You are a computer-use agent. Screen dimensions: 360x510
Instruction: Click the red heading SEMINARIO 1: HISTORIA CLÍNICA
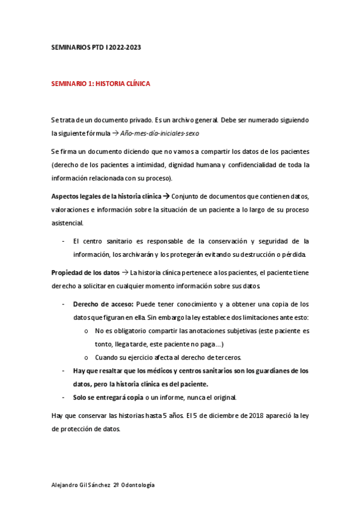point(100,84)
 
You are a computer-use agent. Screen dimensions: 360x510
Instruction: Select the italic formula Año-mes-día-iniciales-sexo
point(160,133)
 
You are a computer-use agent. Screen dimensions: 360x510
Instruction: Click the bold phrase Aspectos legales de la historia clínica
point(106,196)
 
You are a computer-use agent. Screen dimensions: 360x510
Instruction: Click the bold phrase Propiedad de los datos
point(85,272)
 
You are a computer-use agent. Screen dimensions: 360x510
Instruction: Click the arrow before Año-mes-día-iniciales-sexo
point(115,133)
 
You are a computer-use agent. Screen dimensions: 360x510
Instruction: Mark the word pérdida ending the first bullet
point(294,254)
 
